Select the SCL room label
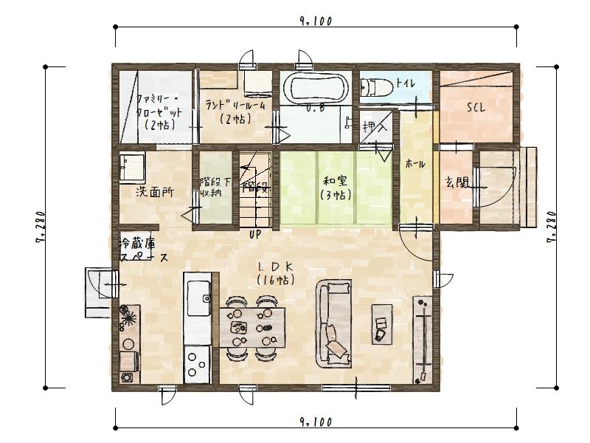(475, 107)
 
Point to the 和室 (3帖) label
(335, 188)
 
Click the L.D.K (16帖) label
(274, 272)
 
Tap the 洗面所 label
(154, 192)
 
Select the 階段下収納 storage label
(211, 187)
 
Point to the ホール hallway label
(415, 164)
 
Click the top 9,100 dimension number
(316, 21)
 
